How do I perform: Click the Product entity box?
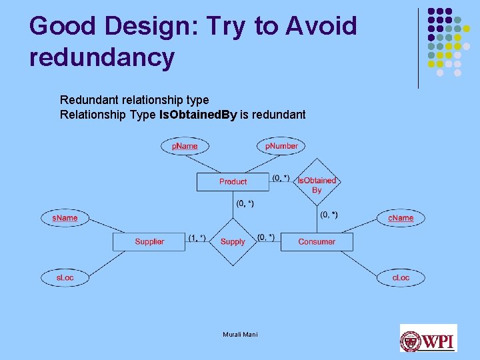click(x=233, y=182)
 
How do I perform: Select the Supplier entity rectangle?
click(x=149, y=241)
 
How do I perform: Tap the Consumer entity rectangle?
click(x=317, y=241)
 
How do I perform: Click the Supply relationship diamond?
click(x=233, y=241)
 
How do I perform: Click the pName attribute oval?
click(x=185, y=146)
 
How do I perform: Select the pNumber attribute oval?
click(x=281, y=146)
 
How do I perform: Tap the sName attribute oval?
click(x=65, y=218)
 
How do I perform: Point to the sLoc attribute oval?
click(x=65, y=277)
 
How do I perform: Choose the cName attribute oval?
click(x=401, y=218)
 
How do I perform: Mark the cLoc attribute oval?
click(x=401, y=277)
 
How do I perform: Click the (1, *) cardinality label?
click(x=197, y=237)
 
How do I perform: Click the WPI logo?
click(x=428, y=338)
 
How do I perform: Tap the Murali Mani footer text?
click(x=240, y=334)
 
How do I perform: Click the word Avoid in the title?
click(x=321, y=27)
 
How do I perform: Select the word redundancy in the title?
click(x=102, y=58)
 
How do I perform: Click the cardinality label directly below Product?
click(x=245, y=203)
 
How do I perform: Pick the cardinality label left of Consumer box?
click(x=266, y=237)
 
